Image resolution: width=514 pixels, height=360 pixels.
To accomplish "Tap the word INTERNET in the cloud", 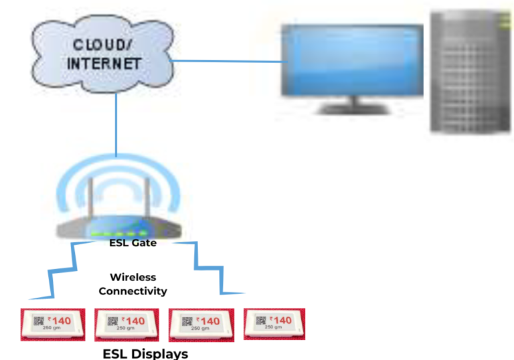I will tap(104, 64).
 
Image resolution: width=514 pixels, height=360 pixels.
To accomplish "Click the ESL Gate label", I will tap(133, 243).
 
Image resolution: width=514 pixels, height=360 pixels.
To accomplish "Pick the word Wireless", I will tap(133, 277).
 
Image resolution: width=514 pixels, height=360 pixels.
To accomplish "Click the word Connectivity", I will tap(133, 291).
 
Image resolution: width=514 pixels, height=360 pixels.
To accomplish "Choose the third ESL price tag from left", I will tap(200, 324).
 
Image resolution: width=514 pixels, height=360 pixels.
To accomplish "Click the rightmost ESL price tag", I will tap(274, 323).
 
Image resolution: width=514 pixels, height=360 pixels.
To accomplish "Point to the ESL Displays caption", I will tap(145, 353).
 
